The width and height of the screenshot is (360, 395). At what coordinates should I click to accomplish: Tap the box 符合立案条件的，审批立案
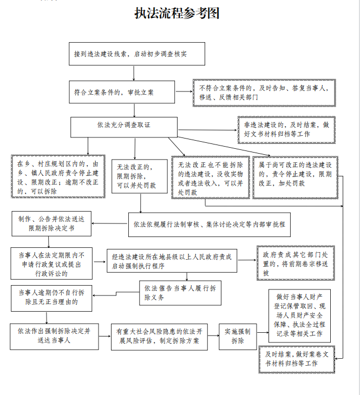pyautogui.click(x=122, y=92)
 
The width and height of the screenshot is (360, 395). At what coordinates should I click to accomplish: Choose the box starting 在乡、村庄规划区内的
pyautogui.click(x=58, y=176)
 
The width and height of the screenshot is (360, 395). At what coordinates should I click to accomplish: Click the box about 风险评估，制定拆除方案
pyautogui.click(x=158, y=336)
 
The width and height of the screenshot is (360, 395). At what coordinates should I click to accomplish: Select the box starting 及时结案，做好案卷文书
pyautogui.click(x=300, y=359)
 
